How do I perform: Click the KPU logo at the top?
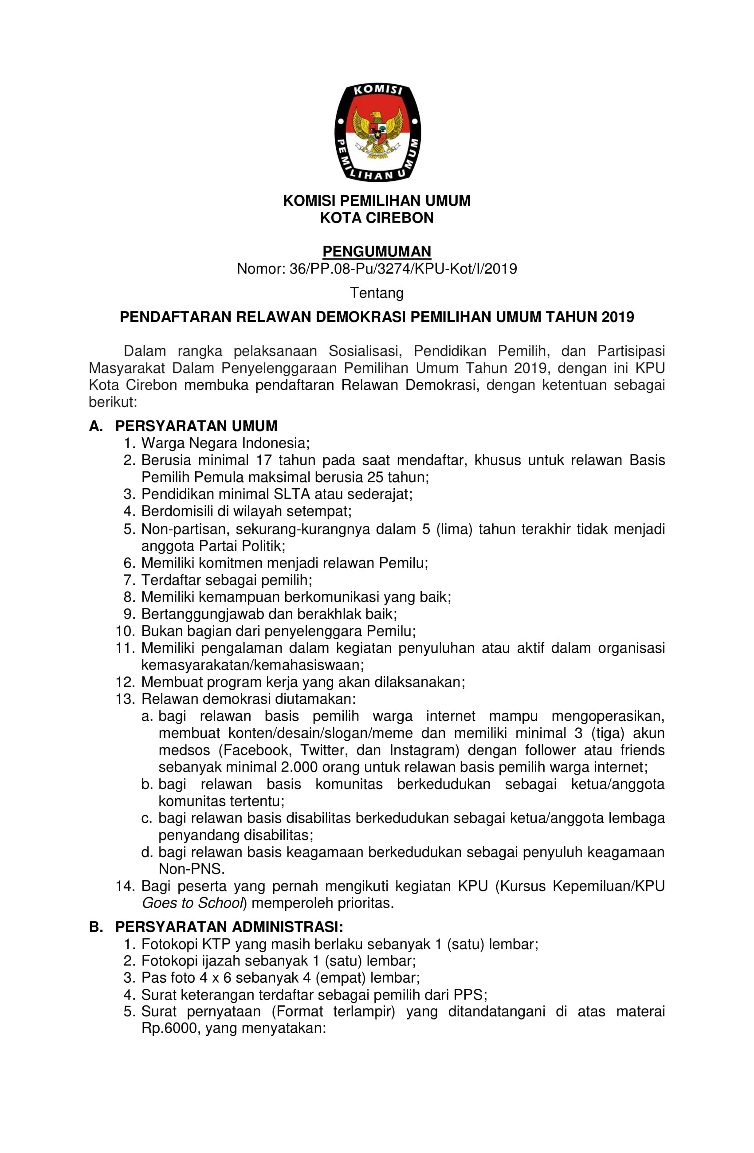pos(377,132)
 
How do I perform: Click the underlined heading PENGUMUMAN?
pos(377,251)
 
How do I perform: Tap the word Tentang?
pos(377,293)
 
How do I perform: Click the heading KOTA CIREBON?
pos(377,218)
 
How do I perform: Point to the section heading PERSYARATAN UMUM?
pos(196,426)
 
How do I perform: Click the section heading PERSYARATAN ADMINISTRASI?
pos(229,927)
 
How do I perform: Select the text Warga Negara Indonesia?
pos(225,443)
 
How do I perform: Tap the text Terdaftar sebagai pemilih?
pos(226,580)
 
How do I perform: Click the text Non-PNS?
pos(192,869)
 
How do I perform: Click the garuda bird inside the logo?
pos(377,130)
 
